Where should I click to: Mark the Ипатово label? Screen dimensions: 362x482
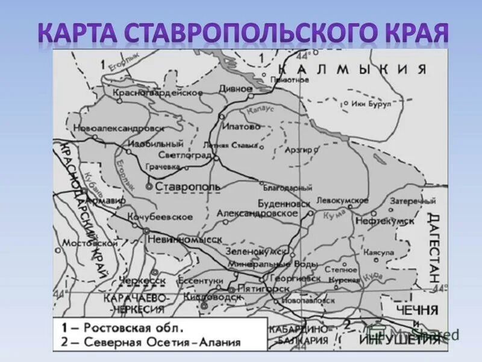click(x=241, y=127)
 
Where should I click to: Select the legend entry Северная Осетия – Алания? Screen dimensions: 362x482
click(x=153, y=342)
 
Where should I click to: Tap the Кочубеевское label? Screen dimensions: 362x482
click(x=160, y=217)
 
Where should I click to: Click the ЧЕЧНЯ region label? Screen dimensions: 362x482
click(x=418, y=310)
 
